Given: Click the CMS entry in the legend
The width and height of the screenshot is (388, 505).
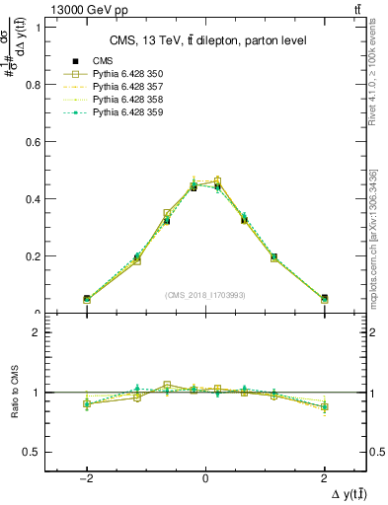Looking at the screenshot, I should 102,61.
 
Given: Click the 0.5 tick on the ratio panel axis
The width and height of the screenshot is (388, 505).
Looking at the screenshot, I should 32,452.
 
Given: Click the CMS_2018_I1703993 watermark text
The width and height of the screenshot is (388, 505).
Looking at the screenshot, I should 205,295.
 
